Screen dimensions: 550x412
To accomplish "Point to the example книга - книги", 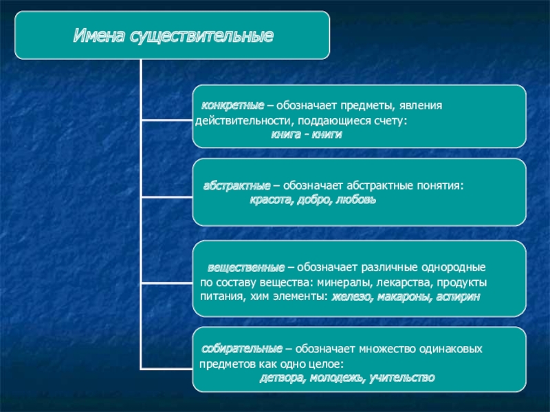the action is click(306, 135).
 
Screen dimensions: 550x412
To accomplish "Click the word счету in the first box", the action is click(389, 121).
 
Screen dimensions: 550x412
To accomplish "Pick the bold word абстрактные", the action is click(236, 186).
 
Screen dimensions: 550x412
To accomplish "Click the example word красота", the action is click(269, 200).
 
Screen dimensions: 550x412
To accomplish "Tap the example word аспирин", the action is click(458, 297).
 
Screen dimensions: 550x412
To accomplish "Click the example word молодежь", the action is click(336, 378).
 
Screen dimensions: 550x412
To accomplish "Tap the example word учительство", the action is click(403, 378).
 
